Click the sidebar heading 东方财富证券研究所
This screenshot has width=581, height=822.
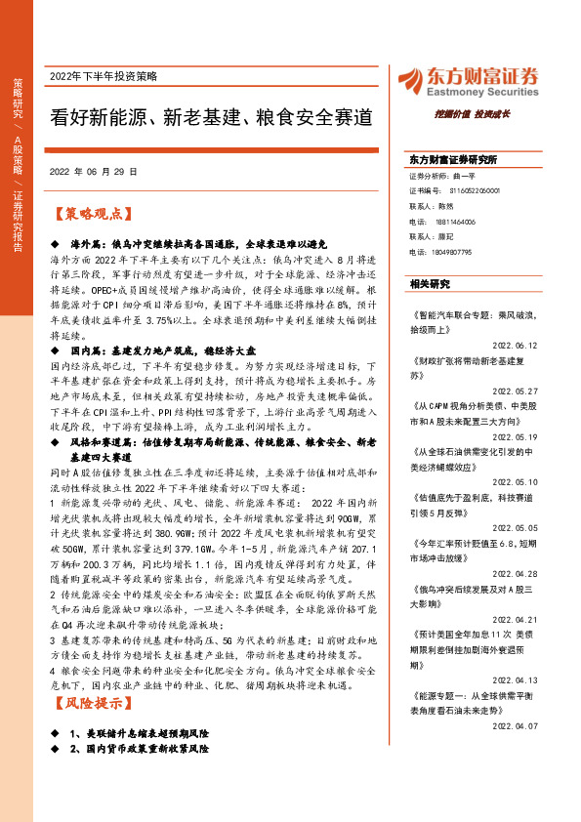(453, 158)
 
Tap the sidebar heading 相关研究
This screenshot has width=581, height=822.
(430, 283)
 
